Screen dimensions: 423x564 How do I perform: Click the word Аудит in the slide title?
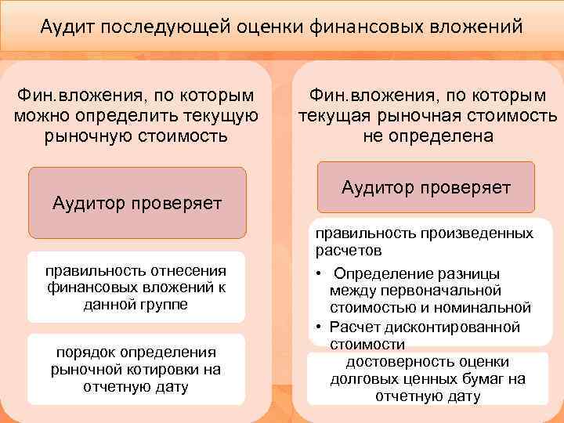66,28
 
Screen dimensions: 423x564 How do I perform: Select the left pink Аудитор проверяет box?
137,203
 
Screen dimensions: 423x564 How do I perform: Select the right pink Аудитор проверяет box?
426,188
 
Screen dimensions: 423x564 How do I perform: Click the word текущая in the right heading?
334,117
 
